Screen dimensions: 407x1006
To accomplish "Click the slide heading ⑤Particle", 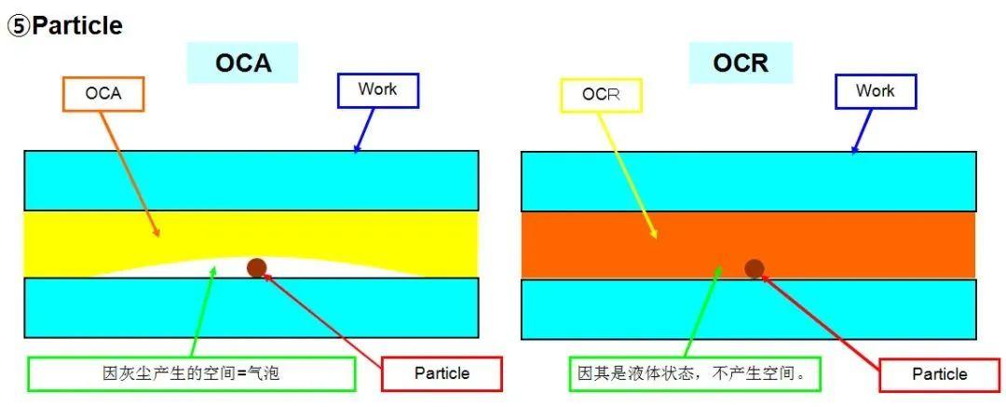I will click(x=65, y=26).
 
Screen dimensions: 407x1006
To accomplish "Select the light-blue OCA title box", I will click(x=243, y=63).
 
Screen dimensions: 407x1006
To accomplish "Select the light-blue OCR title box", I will click(x=741, y=63).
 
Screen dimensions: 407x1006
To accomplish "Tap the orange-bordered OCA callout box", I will click(x=103, y=94).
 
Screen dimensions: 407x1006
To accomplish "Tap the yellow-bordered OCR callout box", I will click(x=601, y=95).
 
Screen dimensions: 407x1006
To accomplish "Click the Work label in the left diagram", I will click(x=376, y=90).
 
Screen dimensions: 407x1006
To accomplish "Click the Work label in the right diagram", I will click(x=875, y=91).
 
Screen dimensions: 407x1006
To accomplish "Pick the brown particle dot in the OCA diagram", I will click(x=257, y=268).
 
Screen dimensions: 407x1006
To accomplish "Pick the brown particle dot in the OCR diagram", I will click(x=754, y=269).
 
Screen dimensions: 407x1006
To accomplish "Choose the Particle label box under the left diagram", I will click(x=442, y=373).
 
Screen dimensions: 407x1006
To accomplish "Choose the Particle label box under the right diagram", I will click(x=939, y=374).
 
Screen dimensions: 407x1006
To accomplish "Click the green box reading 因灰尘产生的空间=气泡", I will click(x=191, y=373).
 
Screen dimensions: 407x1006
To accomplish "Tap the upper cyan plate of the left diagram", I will click(x=251, y=180).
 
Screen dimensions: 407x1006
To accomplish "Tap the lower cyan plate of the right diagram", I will click(x=748, y=308).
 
